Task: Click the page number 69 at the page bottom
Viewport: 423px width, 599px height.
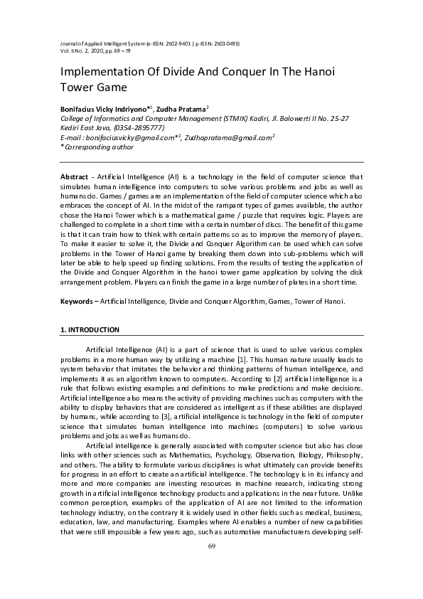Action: (211, 546)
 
